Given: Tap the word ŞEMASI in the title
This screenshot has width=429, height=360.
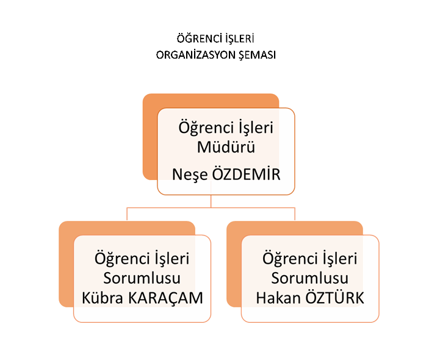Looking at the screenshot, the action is (x=257, y=55).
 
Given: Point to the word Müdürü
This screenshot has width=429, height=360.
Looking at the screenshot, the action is (x=226, y=147).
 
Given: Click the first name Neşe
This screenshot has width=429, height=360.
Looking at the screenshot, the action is (x=190, y=175).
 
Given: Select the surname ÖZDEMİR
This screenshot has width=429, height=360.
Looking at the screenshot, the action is (x=247, y=174).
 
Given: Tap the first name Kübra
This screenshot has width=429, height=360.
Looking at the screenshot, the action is (x=103, y=298).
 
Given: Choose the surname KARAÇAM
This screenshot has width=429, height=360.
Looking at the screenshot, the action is (x=165, y=298).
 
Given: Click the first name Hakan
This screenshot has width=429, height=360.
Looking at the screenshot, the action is (x=278, y=298).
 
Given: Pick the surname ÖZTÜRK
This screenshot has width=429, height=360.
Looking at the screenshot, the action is (x=334, y=297).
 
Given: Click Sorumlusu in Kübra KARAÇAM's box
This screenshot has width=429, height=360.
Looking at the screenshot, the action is (x=142, y=278).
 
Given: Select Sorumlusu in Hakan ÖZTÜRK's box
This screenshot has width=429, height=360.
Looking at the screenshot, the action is (x=310, y=278).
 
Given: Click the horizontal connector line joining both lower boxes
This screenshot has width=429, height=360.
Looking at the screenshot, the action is (x=211, y=208).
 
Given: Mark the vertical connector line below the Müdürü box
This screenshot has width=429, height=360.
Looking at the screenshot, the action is (x=211, y=201).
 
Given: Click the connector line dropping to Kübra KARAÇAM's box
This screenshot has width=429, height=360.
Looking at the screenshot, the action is (x=127, y=214).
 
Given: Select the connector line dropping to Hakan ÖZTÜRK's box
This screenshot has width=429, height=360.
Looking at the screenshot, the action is (x=295, y=214).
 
